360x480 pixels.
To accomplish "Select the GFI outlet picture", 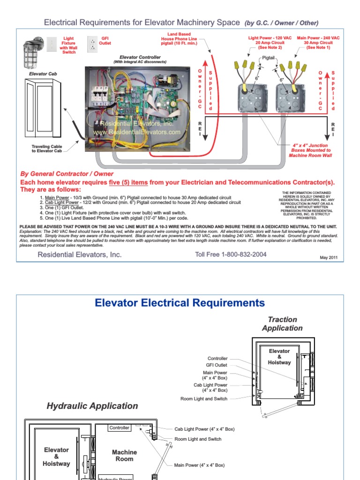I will point(92,43).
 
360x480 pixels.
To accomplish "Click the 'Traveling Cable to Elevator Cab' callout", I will point(47,149).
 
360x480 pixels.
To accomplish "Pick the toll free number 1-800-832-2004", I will point(231,255).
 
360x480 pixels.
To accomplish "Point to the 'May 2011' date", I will point(328,257).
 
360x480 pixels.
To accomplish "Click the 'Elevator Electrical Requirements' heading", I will point(180,303).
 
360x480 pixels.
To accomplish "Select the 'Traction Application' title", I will point(282,323).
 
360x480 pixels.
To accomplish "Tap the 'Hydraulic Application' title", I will point(92,406).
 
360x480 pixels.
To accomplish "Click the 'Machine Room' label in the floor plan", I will point(124,455).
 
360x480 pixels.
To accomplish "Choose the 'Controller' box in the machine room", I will point(119,428).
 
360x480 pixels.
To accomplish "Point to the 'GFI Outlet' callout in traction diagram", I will point(217,365).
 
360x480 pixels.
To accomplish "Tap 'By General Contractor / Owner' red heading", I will point(67,174).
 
